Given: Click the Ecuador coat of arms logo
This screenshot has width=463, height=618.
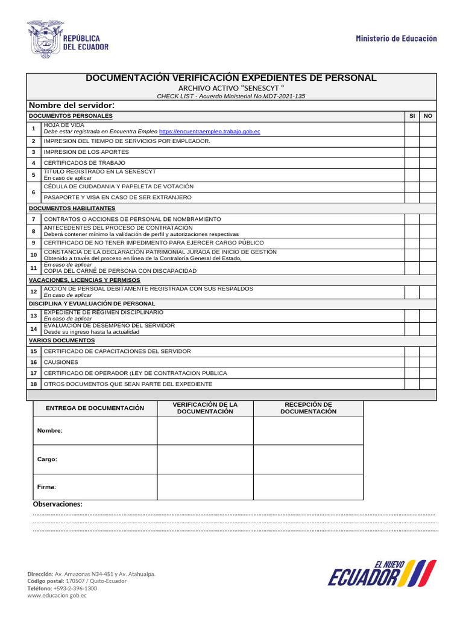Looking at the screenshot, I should coord(45,39).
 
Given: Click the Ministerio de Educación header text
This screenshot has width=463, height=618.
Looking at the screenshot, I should coord(396,39).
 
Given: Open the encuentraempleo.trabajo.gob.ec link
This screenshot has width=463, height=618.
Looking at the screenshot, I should coord(209,131).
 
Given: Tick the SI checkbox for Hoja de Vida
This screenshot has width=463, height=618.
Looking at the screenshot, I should coord(412,129).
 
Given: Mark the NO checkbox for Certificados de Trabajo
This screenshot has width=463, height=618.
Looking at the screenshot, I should coord(428,163).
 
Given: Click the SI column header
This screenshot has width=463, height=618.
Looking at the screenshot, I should coord(412,116).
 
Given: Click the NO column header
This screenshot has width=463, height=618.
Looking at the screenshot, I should coord(428,116).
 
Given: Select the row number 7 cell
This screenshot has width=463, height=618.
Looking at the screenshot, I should coord(34,219).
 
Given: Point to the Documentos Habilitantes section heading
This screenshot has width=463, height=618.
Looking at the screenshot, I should coord(72,208).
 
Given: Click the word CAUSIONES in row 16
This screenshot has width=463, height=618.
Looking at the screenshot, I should coord(61,362).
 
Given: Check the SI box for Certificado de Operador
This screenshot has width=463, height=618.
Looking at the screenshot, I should coord(412,373).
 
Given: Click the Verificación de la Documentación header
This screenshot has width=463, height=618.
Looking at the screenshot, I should coord(205,408).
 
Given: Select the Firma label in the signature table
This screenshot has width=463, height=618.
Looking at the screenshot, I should coord(46,486).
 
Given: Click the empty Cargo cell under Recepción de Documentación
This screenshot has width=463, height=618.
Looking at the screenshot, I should coord(308,459).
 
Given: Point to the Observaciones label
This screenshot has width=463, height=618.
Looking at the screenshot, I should coord(57,505).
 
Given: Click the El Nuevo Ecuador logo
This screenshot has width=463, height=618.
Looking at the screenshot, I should coord(382,573).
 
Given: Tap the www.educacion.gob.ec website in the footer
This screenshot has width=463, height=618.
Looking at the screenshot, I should coord(57,596).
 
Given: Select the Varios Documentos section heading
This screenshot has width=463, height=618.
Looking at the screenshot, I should coord(61,340).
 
